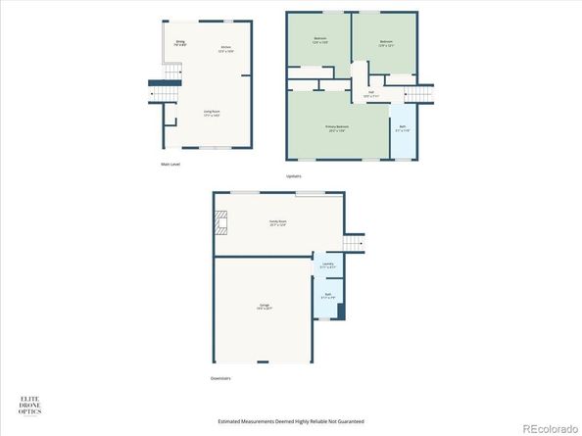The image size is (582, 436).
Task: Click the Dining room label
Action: coord(180,43)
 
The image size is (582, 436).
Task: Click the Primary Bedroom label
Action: coord(337,128)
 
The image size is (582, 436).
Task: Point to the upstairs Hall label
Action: coord(370,94)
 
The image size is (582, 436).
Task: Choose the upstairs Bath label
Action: coord(403,128)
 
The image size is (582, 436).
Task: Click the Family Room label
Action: coord(278,222)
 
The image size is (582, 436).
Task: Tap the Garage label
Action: coord(265,307)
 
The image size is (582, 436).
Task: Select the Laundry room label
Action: coord(328,265)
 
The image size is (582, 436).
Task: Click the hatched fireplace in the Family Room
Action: coord(221,223)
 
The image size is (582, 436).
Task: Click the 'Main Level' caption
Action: coord(170,164)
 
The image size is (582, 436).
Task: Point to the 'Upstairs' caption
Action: coord(294,175)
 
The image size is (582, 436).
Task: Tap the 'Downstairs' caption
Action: coord(220,377)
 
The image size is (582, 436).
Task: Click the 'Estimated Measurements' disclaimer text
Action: coord(291,421)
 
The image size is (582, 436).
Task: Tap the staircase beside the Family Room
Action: coord(354,242)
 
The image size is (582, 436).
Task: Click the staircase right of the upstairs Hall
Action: coord(419,93)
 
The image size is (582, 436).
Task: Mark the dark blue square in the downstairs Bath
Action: coord(340,311)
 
